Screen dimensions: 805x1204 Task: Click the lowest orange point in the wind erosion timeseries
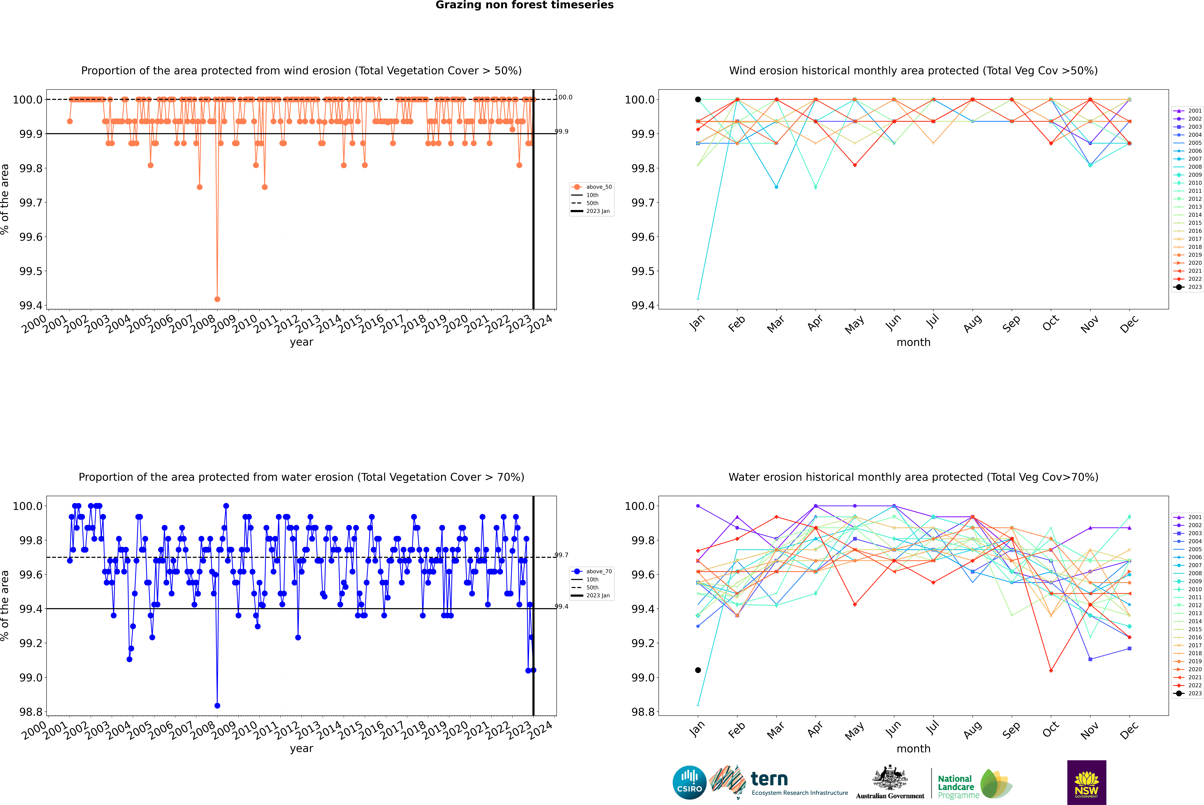[217, 299]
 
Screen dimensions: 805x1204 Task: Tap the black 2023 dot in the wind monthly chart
[698, 100]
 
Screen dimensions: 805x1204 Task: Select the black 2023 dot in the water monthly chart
[698, 670]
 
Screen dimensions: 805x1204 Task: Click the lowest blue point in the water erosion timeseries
[217, 705]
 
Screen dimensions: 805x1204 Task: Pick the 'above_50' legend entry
[598, 187]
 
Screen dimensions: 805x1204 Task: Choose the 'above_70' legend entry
[598, 571]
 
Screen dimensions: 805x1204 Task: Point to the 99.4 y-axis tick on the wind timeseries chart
[31, 305]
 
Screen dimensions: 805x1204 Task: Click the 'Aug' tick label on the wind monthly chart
[973, 323]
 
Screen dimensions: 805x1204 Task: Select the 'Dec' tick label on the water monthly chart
[1129, 730]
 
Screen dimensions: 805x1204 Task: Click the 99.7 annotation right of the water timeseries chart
[561, 555]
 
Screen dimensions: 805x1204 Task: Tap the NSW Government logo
[1086, 782]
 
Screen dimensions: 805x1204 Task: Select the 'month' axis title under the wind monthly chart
[913, 342]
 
